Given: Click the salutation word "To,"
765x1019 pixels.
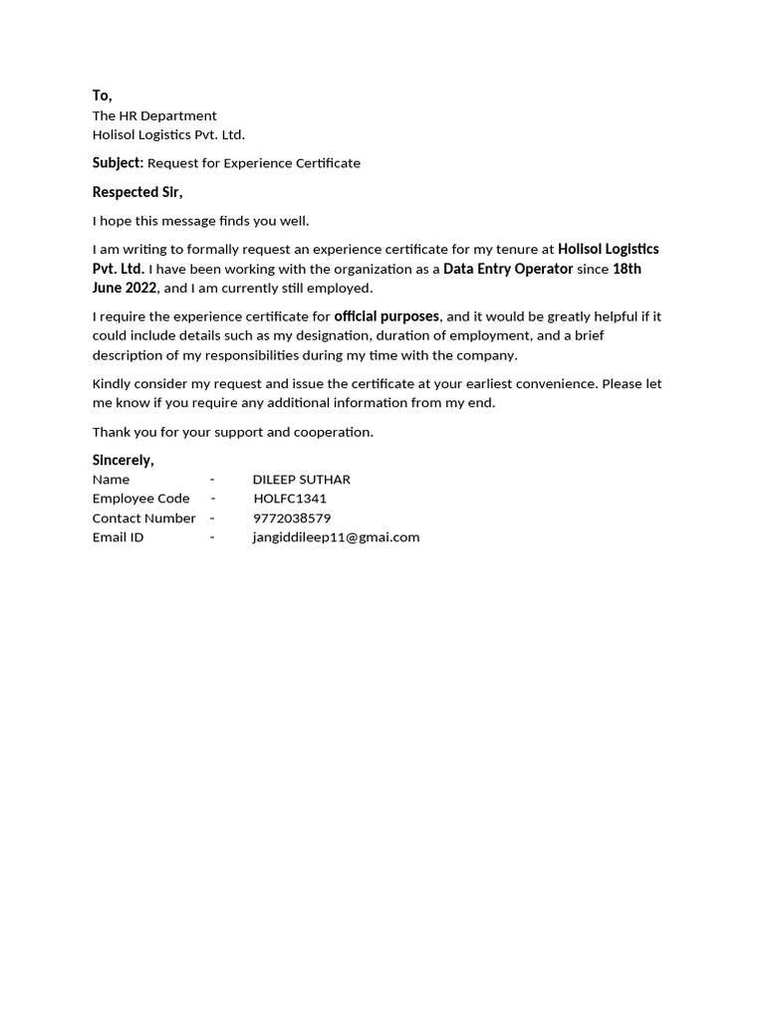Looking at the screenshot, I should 102,96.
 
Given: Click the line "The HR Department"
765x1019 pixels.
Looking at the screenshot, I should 154,115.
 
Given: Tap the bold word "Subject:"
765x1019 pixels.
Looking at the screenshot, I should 118,162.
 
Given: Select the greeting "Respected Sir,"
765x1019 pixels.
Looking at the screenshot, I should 137,192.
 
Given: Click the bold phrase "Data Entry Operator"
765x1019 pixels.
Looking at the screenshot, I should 508,269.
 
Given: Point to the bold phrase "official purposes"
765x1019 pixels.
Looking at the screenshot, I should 386,316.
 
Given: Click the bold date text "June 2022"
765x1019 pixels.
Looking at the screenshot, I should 125,288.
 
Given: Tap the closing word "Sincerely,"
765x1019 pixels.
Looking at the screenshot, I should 123,460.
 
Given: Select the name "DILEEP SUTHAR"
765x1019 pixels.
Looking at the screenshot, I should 301,480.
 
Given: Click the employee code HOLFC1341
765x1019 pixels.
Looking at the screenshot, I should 290,499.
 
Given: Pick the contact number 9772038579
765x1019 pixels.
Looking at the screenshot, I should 292,518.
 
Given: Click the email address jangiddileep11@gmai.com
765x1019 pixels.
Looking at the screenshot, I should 336,537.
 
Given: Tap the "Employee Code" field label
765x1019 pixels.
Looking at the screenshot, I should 140,499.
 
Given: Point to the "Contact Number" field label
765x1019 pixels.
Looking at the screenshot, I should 143,518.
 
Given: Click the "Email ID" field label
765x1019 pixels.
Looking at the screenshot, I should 118,537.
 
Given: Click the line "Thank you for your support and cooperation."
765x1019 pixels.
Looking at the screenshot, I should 232,432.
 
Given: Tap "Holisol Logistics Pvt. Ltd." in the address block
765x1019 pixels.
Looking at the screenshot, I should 168,134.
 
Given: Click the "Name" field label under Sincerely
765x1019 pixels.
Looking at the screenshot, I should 111,480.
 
